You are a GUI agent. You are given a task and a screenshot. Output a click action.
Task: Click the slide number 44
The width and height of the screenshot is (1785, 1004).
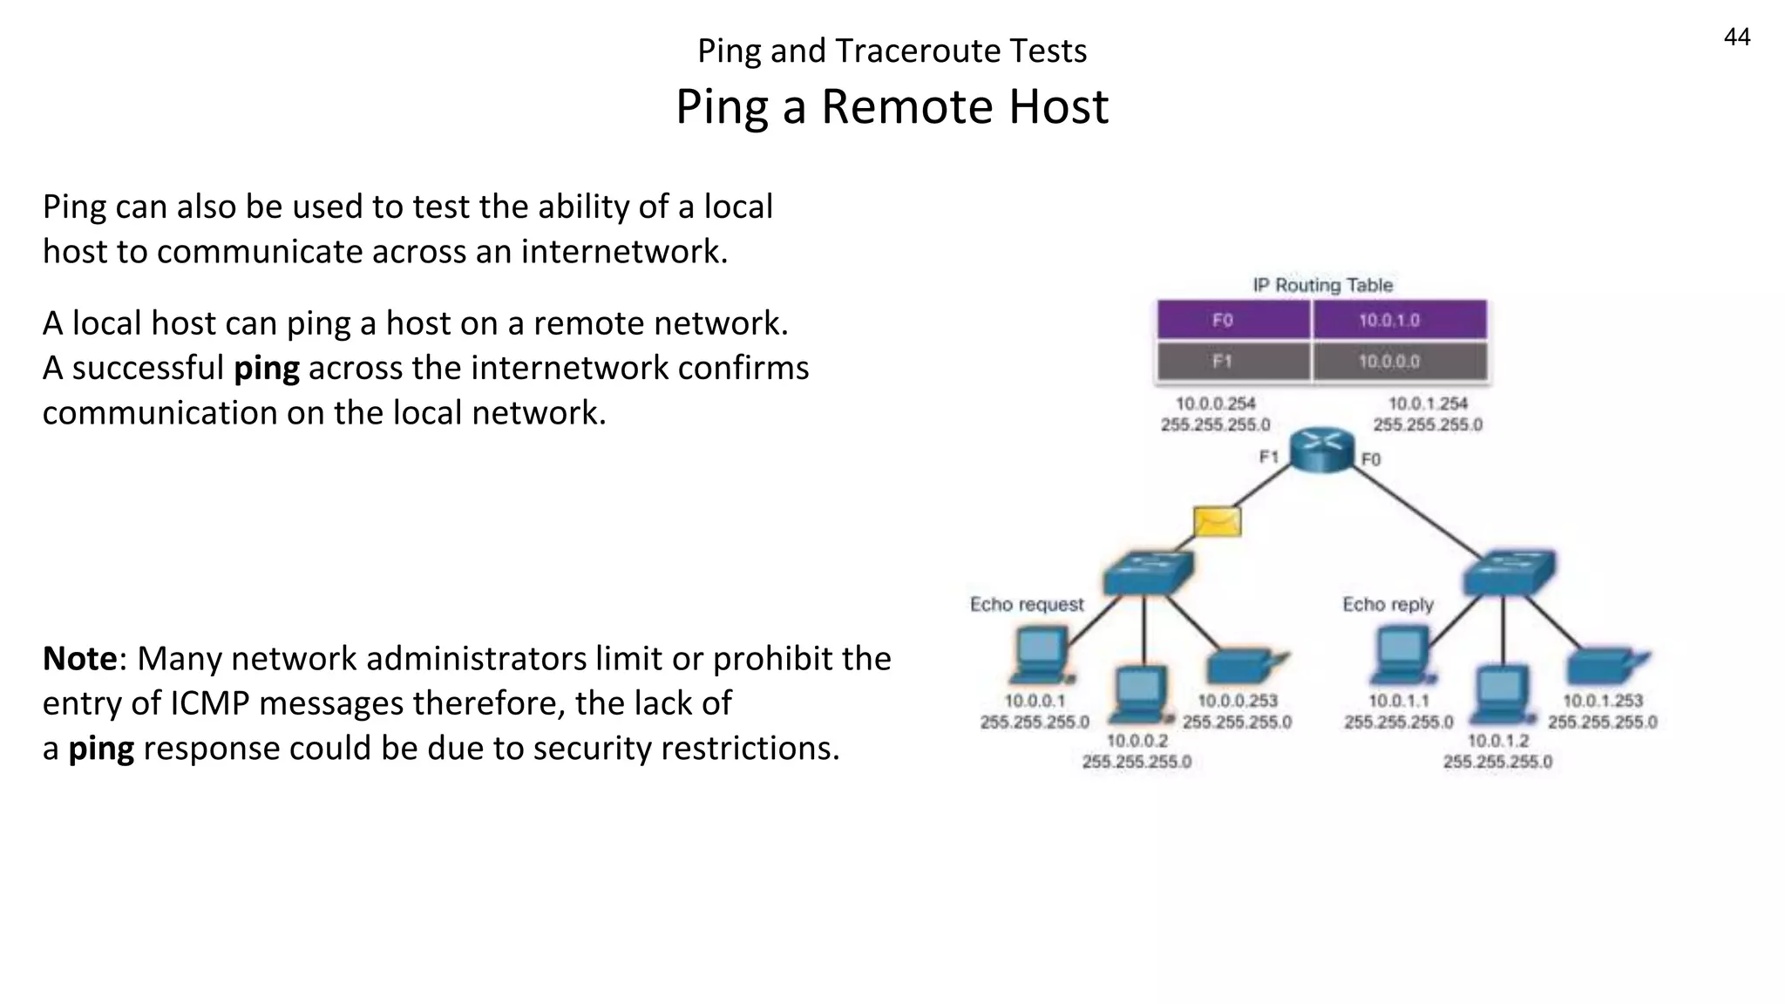(1736, 37)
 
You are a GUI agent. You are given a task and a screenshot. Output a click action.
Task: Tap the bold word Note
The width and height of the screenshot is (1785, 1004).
(79, 659)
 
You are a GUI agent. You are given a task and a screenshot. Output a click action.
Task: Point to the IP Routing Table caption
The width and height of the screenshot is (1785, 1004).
(1322, 285)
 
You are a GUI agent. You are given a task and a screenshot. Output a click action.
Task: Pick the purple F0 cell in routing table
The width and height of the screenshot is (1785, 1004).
(1223, 321)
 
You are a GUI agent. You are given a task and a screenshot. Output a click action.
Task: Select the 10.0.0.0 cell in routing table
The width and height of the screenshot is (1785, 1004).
(1389, 362)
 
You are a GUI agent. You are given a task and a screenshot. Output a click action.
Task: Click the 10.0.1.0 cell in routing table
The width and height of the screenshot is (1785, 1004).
(1389, 321)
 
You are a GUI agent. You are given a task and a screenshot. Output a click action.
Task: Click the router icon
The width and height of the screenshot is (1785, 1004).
(1322, 448)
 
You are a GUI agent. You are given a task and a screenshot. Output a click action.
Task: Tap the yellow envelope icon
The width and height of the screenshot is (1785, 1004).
(1217, 521)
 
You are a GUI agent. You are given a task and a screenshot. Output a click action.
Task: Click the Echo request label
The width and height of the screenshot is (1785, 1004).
(1027, 604)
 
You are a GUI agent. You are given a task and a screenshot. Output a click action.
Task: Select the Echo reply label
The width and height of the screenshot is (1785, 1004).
(1388, 604)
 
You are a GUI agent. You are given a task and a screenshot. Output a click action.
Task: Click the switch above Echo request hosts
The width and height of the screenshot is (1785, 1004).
(1148, 573)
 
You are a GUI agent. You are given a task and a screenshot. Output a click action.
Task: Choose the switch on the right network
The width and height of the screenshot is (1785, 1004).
(1509, 573)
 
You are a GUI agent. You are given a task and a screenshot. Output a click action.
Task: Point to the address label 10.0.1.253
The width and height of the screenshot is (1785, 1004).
(1602, 701)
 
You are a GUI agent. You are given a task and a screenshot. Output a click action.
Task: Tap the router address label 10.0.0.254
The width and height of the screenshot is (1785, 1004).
(1215, 404)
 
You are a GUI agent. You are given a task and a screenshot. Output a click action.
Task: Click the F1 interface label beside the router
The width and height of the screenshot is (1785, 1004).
(1268, 457)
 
